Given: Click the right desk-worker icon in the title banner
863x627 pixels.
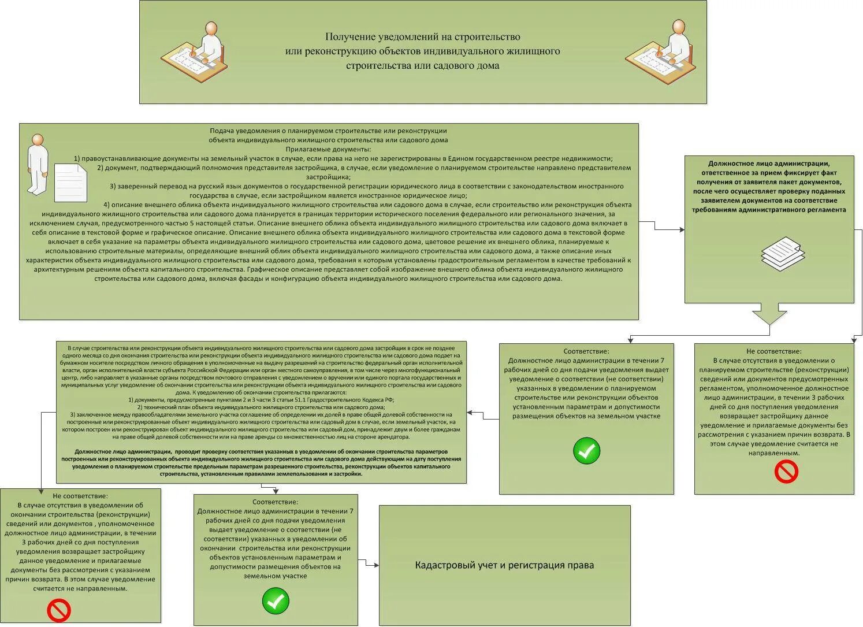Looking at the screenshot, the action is [x=659, y=52].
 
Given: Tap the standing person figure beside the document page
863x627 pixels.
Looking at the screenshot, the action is [x=38, y=164].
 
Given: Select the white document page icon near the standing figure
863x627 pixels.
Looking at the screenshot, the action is [x=70, y=183].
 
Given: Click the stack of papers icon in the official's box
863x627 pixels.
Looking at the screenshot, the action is [x=782, y=253].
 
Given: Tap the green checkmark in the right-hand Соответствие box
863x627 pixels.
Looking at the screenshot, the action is [x=586, y=451].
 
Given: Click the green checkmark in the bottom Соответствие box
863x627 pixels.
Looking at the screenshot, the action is [x=276, y=601].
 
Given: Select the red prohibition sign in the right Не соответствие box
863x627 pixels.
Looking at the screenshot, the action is [x=786, y=472].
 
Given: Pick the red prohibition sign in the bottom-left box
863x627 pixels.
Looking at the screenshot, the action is [x=58, y=610].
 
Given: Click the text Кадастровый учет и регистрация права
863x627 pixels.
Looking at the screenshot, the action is [x=504, y=565].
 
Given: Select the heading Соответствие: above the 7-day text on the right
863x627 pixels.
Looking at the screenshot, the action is [x=586, y=351].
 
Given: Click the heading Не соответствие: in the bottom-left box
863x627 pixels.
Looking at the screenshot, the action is [x=80, y=496].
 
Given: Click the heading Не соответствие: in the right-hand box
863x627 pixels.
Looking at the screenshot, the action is [x=773, y=351].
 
